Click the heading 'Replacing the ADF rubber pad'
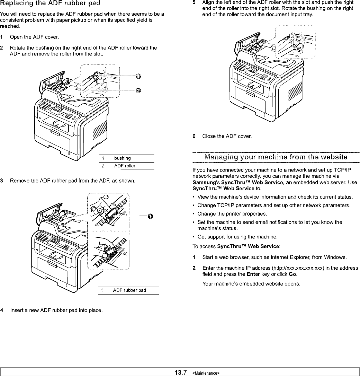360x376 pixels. pyautogui.click(x=51, y=3)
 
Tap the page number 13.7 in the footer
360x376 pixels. pyautogui.click(x=181, y=373)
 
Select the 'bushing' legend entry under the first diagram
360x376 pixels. pyautogui.click(x=122, y=158)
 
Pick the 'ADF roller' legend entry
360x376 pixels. pyautogui.click(x=125, y=166)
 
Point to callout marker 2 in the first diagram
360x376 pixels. pyautogui.click(x=138, y=90)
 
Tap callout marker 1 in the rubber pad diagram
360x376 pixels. pyautogui.click(x=150, y=216)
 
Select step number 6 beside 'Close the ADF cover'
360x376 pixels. pyautogui.click(x=194, y=136)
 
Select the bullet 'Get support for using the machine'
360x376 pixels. pyautogui.click(x=233, y=237)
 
